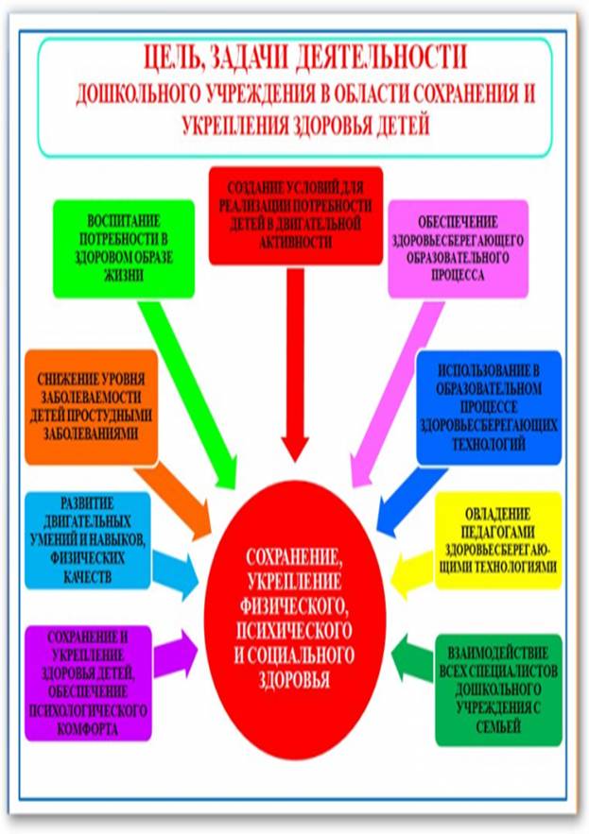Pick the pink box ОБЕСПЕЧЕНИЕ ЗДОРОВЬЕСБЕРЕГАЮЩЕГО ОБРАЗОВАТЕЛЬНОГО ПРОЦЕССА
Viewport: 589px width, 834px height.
click(x=458, y=247)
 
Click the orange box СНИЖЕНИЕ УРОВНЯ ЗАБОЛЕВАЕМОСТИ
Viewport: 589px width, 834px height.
click(x=91, y=406)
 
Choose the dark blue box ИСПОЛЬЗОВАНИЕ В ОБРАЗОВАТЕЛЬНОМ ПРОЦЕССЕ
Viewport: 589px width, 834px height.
click(x=488, y=407)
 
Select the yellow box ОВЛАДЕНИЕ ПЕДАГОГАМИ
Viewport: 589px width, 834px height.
click(x=497, y=539)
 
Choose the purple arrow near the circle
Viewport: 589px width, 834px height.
click(x=176, y=652)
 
